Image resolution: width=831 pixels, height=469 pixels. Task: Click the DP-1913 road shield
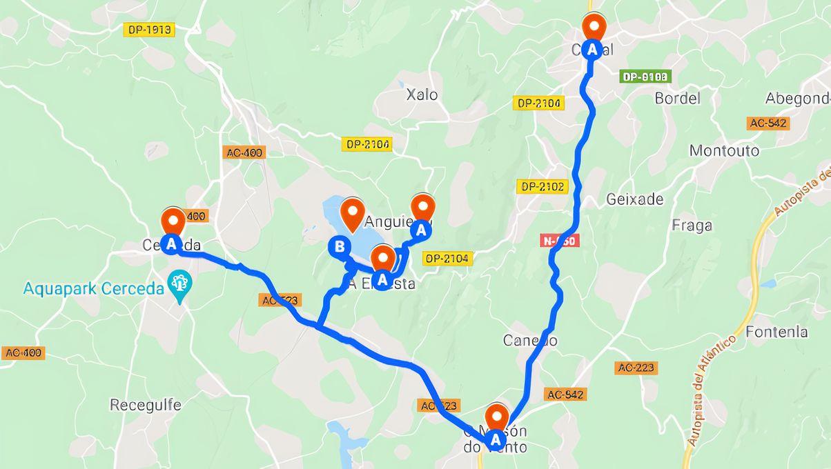coord(148,30)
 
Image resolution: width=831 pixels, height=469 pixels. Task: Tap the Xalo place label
coord(422,94)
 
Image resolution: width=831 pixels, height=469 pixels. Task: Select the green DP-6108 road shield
coord(645,77)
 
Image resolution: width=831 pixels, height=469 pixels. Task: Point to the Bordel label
coord(677,98)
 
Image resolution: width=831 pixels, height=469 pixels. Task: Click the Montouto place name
coord(724,150)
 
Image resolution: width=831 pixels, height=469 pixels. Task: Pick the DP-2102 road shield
coord(542,186)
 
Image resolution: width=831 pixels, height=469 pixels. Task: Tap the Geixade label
coord(634,199)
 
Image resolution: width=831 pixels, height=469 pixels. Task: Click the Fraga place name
coord(692,225)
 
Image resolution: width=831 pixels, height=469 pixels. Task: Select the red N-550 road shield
coord(559,240)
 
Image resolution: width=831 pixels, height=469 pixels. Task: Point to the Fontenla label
coord(776,332)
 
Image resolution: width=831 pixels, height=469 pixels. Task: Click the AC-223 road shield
coord(636,368)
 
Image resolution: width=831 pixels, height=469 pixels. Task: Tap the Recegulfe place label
coord(146,404)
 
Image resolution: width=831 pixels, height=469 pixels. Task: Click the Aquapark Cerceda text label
coord(95,288)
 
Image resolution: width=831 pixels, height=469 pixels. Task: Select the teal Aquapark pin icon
coord(180,284)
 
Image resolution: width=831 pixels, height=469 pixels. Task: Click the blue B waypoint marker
coord(339,246)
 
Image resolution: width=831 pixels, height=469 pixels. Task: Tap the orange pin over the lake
coord(353,212)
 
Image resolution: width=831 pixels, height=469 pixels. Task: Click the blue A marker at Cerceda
coord(171,243)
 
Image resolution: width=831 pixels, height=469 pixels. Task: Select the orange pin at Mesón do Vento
coord(496,417)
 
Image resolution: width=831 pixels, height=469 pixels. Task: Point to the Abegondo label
coord(797,99)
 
